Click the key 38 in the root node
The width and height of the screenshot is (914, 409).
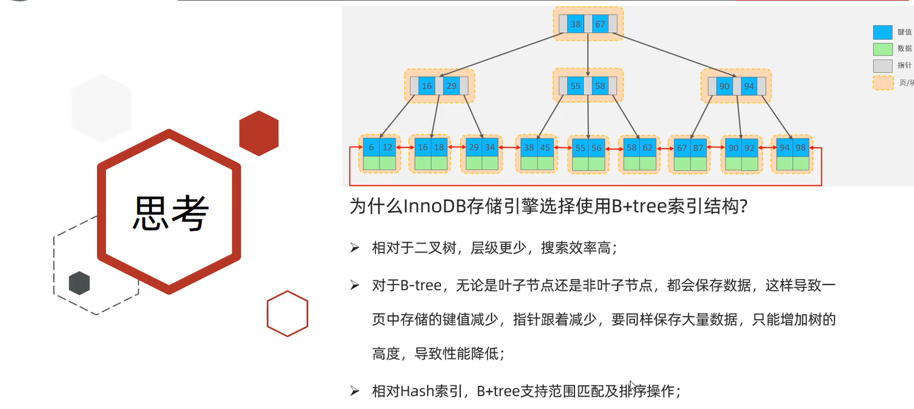575,24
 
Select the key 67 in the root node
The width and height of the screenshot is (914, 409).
600,24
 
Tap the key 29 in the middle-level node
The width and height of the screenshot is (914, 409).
451,86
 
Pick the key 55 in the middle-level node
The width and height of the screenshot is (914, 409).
575,86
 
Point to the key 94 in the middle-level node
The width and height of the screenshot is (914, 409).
748,86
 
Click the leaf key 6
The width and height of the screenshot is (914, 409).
371,147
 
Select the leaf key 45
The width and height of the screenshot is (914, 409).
545,147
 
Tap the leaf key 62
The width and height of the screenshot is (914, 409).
648,147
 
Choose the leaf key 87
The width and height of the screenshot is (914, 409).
699,147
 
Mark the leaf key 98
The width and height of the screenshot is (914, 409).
801,147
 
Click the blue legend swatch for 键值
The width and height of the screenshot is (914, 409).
883,32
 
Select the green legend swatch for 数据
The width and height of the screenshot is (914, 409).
883,49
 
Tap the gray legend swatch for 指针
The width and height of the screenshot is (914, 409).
883,65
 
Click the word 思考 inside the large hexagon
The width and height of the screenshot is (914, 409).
170,212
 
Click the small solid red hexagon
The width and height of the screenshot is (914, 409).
259,133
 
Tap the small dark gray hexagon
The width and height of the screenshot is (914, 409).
79,283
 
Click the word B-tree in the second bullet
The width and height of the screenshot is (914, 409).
420,285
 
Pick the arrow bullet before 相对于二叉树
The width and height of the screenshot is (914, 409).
355,248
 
